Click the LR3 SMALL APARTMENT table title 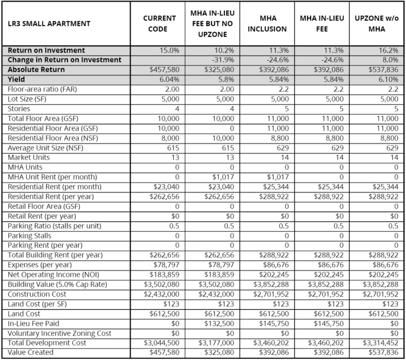(x=50, y=23)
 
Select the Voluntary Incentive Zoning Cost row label (x=60, y=333)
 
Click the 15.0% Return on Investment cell (x=169, y=50)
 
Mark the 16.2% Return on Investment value (x=388, y=50)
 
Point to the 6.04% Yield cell (x=168, y=80)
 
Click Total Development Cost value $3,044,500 (x=161, y=343)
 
